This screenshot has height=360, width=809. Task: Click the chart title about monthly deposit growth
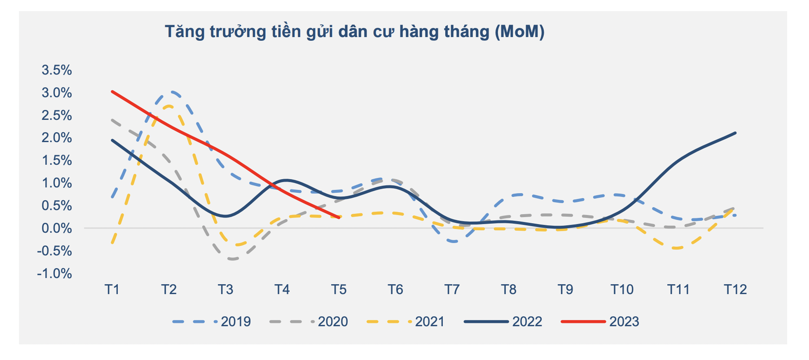click(354, 32)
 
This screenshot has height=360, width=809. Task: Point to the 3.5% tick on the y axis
click(57, 70)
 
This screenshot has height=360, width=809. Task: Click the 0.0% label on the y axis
click(57, 228)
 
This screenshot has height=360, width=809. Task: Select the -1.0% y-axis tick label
click(55, 274)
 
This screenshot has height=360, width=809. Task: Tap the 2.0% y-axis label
click(57, 138)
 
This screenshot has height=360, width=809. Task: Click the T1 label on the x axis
click(112, 290)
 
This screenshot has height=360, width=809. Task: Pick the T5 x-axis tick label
click(339, 290)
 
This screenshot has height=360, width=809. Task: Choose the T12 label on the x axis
click(735, 290)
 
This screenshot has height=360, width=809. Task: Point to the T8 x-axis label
click(509, 290)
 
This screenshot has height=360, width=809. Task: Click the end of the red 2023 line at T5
click(339, 217)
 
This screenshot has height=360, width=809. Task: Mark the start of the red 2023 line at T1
click(112, 91)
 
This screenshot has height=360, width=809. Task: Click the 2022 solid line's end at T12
click(735, 133)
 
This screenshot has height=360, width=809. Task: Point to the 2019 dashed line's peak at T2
click(171, 92)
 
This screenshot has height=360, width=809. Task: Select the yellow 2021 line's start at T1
click(112, 243)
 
